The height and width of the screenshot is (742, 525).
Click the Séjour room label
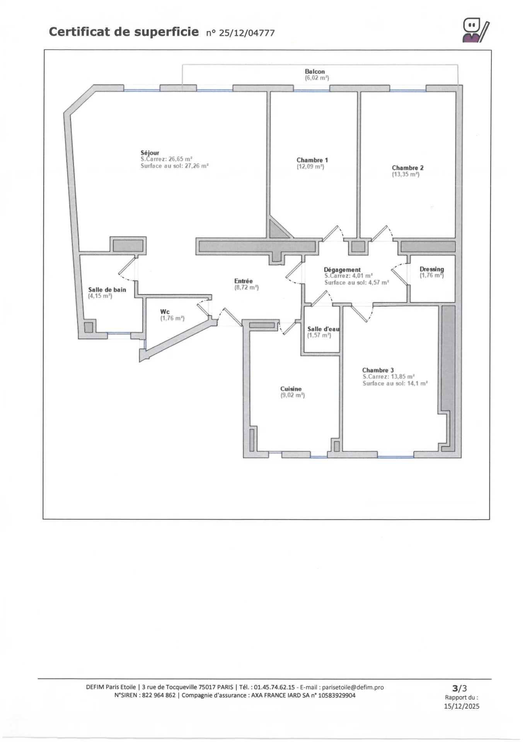150,153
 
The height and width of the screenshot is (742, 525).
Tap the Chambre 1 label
312,160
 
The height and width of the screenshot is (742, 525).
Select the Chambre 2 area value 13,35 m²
406,174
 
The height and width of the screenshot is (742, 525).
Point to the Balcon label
315,71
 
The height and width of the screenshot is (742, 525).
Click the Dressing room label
432,269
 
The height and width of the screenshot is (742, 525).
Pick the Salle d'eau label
324,329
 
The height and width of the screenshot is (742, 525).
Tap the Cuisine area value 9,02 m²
293,395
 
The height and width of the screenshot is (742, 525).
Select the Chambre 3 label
378,370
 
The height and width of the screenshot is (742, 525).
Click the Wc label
165,312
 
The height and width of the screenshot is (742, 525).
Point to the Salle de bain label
107,290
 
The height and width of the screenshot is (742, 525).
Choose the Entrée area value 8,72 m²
246,288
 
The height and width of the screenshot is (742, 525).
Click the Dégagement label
342,270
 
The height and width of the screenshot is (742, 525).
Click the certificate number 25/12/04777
247,33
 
